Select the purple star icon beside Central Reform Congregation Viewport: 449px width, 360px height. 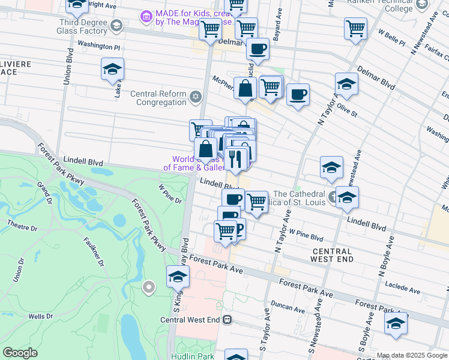point(195,97)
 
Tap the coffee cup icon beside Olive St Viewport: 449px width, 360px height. point(298,94)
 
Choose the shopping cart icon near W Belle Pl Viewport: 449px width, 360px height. point(355,28)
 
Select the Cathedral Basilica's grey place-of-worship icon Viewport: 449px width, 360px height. point(334,196)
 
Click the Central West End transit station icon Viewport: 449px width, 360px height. point(227,320)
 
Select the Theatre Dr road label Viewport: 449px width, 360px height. point(22,229)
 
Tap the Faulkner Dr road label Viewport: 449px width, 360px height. point(94,252)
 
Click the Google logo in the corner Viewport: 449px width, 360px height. point(20,353)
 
